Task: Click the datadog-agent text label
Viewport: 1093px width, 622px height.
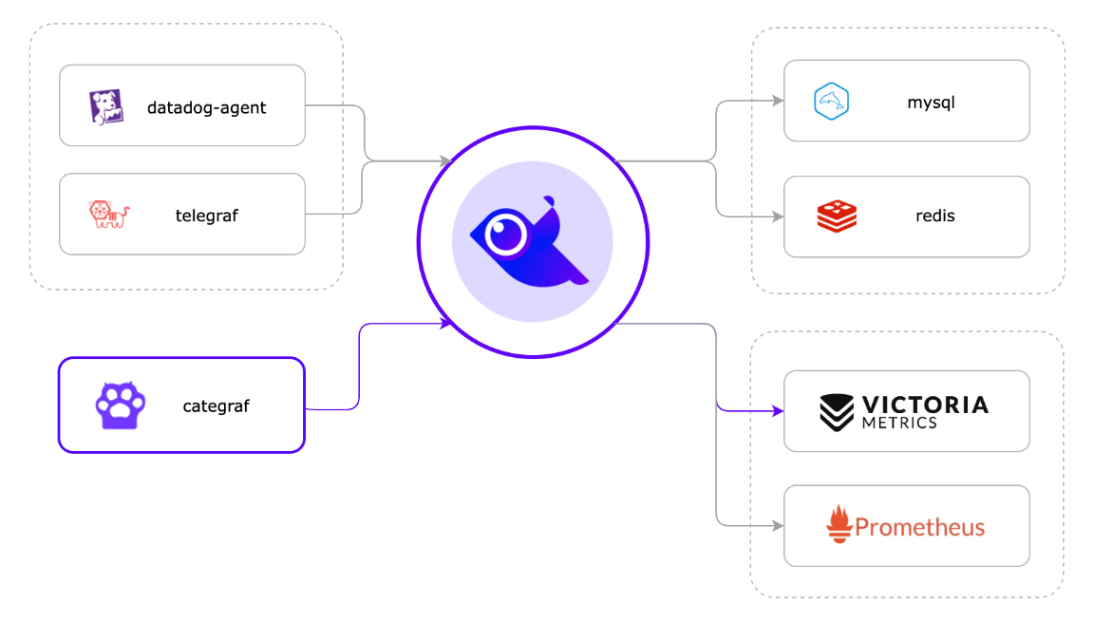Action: click(x=206, y=107)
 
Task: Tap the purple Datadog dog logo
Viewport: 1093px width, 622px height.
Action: click(x=106, y=107)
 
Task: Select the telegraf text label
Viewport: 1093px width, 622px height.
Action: click(x=206, y=216)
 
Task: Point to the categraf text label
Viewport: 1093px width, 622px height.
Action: click(x=216, y=406)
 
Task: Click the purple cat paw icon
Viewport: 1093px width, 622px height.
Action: click(x=121, y=405)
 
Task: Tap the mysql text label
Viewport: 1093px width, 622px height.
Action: click(x=930, y=102)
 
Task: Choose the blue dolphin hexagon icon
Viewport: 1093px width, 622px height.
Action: click(x=831, y=102)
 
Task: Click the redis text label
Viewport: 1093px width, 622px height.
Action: click(x=934, y=216)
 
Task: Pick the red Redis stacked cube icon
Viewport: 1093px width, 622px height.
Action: click(x=837, y=216)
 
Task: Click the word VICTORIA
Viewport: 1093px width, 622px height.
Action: click(x=925, y=405)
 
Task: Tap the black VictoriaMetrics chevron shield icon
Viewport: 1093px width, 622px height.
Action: click(x=837, y=412)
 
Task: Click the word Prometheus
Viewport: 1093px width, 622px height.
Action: click(x=919, y=527)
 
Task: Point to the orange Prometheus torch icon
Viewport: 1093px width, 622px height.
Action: click(x=839, y=524)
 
